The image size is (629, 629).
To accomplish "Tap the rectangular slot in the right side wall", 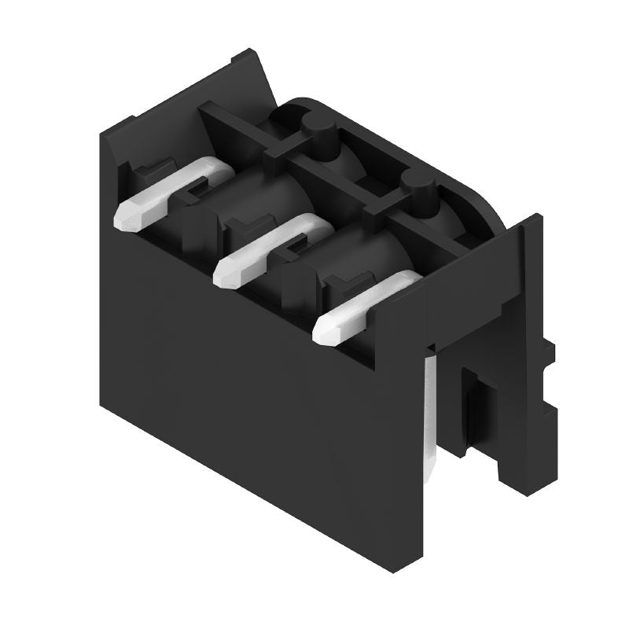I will [x=474, y=409].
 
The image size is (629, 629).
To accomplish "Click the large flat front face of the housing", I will [x=252, y=393].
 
